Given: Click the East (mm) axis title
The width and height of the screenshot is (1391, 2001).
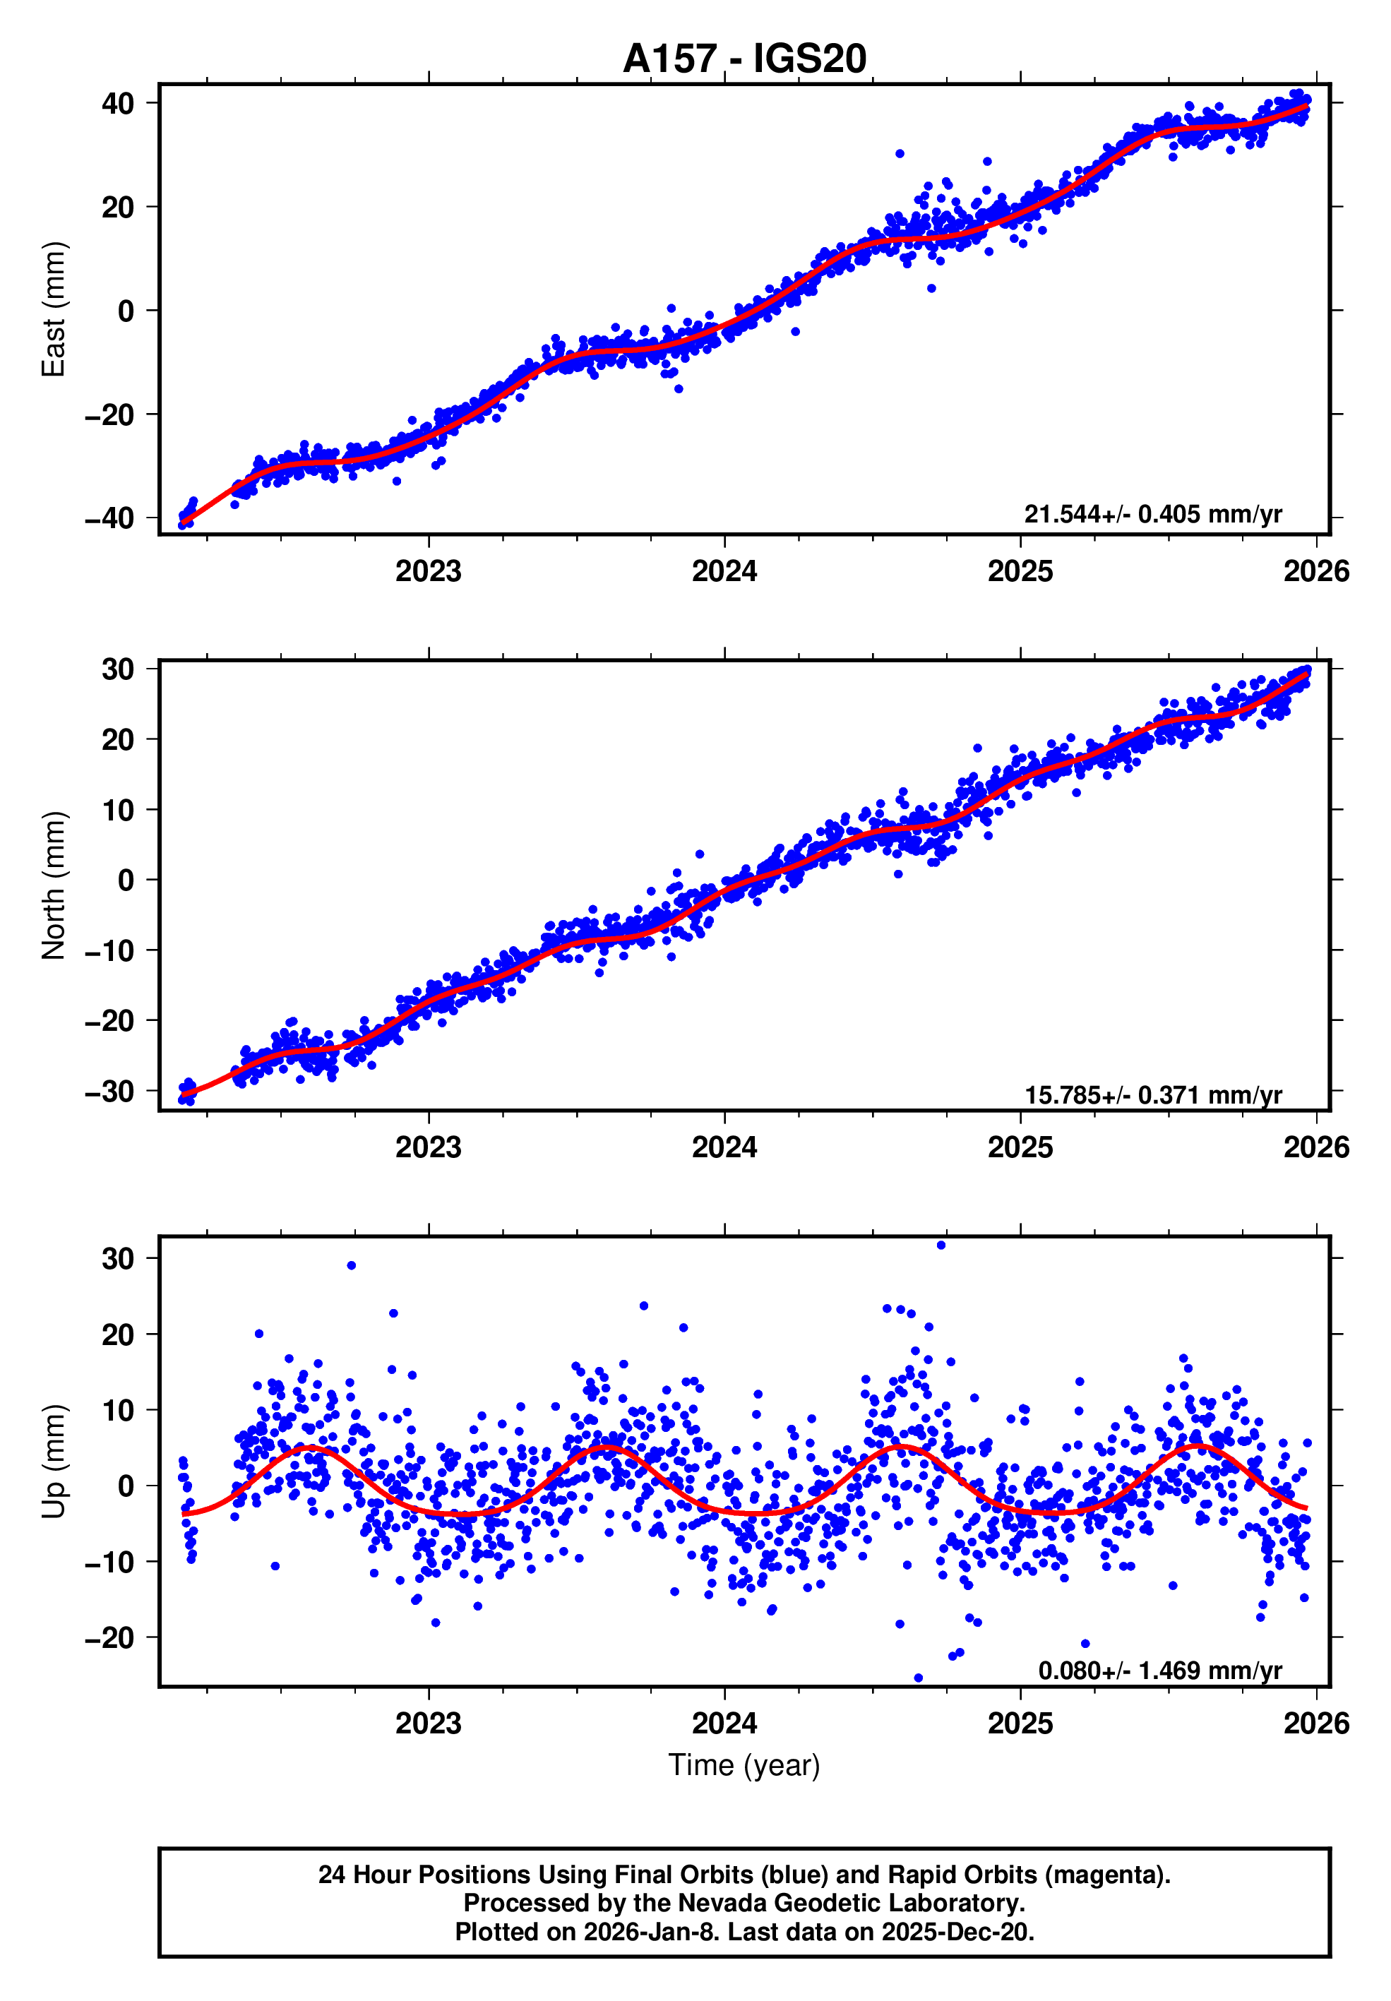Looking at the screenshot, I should coord(54,309).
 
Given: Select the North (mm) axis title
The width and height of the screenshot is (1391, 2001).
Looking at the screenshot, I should coord(54,885).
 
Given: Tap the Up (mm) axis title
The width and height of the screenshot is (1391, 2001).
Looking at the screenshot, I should coord(54,1462).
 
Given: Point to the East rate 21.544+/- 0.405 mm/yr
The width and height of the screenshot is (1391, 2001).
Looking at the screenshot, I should coord(1152,514).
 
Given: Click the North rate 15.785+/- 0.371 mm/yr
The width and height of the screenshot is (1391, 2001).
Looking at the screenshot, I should coord(1152,1094).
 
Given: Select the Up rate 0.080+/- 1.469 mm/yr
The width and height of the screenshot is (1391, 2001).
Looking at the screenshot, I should coord(1159,1671).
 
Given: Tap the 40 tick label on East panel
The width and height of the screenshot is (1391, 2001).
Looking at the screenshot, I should coord(118,104).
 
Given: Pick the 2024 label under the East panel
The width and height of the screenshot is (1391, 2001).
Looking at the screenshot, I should coord(724,572).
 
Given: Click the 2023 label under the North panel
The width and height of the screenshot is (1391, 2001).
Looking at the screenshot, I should coord(428,1148).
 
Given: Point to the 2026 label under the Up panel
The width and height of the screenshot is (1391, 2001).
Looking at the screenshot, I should coord(1316,1724).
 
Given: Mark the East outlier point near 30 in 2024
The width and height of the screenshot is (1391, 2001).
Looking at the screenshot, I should coord(900,153).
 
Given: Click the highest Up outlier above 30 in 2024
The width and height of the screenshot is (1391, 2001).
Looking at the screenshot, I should coord(941,1245).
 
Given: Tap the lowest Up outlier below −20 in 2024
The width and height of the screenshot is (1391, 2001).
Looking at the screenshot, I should coord(918,1678).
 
